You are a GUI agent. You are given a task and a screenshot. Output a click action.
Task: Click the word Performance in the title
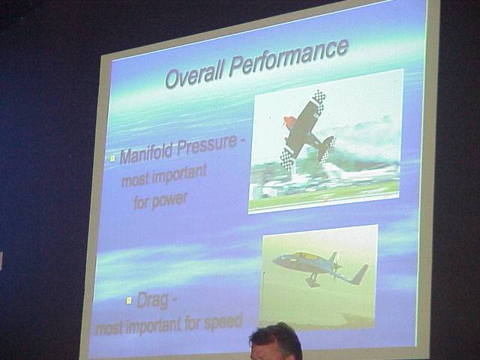coord(289,58)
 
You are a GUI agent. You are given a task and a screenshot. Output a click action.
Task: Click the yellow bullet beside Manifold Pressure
coord(112,158)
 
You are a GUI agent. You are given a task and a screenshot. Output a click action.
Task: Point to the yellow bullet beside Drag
coord(129,301)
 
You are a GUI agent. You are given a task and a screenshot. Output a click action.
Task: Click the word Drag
coord(152,300)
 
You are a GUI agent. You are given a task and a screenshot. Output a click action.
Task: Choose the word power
coord(169,200)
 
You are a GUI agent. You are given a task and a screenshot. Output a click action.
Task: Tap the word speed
coord(223,322)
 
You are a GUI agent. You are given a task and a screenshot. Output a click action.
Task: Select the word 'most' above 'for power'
coord(135,181)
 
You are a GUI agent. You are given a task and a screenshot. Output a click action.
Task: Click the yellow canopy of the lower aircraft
coord(306,256)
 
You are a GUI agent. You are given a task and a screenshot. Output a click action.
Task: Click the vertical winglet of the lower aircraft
coord(360,274)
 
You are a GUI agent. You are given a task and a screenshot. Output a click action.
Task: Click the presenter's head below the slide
coord(276,341)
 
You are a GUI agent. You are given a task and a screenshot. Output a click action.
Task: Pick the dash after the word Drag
coord(174,299)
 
